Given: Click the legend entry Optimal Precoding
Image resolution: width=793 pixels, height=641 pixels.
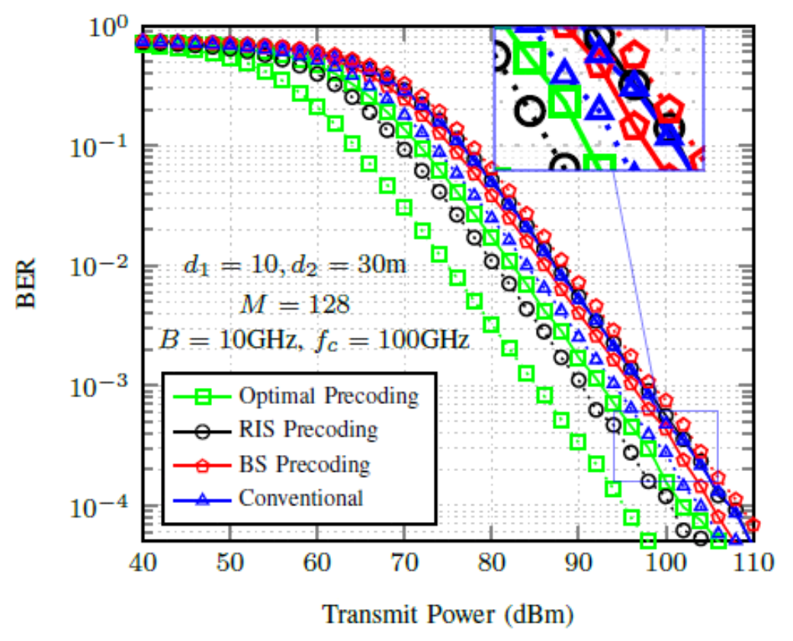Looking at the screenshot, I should [328, 396].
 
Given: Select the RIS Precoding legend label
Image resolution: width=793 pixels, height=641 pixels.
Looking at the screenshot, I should [307, 430].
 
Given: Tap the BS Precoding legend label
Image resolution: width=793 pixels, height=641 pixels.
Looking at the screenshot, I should [303, 464].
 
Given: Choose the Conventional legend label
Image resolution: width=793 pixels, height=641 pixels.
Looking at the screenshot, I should [300, 498].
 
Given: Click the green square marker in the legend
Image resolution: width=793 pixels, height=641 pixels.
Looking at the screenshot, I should [202, 396].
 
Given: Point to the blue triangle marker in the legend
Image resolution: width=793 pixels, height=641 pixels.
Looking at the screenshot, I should [202, 498].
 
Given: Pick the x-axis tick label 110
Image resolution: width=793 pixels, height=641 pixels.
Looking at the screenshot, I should [753, 565].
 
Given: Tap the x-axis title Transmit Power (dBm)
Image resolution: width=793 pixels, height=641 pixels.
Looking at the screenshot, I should [448, 614].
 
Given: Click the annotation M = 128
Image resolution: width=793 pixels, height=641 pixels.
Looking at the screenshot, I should [294, 305].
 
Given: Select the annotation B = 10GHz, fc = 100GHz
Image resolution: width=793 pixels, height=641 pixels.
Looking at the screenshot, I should [313, 339].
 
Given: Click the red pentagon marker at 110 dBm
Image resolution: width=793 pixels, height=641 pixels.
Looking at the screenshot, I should [753, 525].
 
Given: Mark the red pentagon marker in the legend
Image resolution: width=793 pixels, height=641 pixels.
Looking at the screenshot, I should [202, 464].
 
